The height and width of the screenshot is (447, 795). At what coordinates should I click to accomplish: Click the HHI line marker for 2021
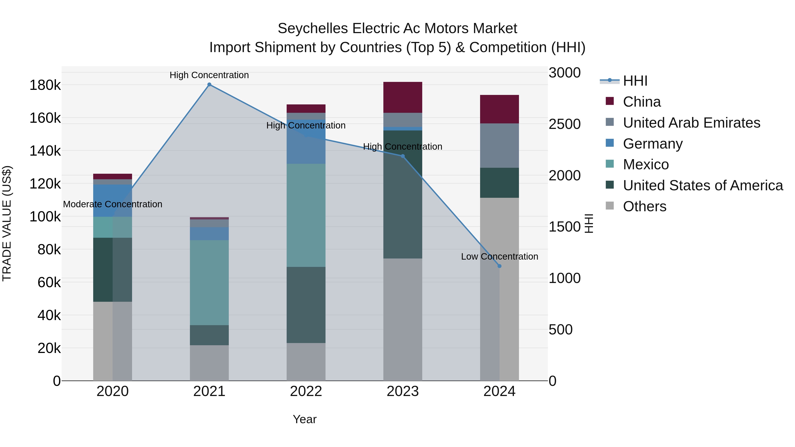point(209,85)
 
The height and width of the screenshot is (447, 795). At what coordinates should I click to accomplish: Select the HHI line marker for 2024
point(499,266)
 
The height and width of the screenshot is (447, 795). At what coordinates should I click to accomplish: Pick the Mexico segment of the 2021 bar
point(209,283)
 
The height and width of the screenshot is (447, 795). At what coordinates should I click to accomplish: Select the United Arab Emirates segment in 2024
point(499,146)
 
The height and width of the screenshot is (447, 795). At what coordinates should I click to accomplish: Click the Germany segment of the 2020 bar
point(112,200)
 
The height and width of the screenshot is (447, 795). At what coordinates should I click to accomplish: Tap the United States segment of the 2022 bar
point(306,305)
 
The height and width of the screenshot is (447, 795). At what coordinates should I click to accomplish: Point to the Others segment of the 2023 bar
point(402,319)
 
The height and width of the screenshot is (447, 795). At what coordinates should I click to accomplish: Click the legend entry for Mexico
point(646,164)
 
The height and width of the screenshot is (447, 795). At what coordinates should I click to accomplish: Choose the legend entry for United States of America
point(703,185)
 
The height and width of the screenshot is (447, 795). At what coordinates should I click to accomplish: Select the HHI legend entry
point(635,81)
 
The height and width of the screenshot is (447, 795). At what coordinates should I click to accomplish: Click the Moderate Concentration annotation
point(112,204)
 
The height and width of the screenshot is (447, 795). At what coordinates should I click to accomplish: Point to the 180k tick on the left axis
point(45,85)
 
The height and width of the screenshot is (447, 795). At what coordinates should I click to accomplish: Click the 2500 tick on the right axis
point(564,124)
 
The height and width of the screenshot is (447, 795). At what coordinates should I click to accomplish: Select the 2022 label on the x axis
point(306,391)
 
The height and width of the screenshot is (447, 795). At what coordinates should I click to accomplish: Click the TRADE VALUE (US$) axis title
point(7,223)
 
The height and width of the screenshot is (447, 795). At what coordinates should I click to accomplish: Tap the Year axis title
point(305,419)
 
